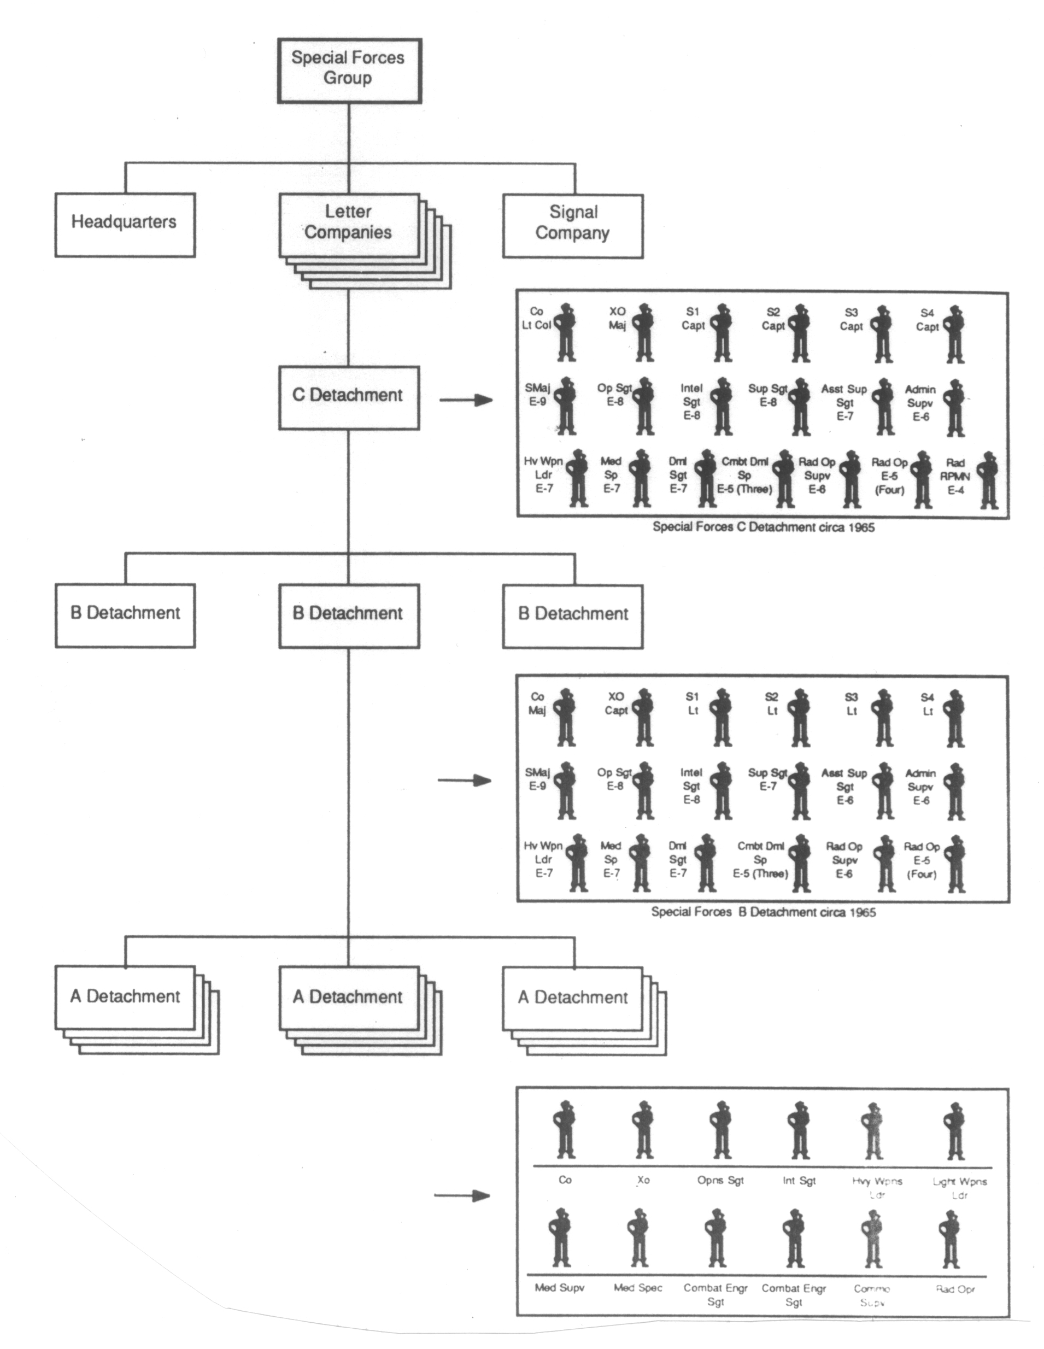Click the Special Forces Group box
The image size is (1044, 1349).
(349, 70)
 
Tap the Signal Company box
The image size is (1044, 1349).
(573, 225)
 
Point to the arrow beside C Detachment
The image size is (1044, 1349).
(466, 400)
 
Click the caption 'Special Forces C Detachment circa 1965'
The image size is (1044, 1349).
(764, 527)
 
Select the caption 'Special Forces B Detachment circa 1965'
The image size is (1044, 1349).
(764, 912)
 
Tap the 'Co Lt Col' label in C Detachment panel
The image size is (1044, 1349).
(536, 319)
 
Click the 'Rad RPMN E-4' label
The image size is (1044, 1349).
(955, 476)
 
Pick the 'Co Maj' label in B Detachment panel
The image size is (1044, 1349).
(537, 703)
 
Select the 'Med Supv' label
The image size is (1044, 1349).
(559, 1288)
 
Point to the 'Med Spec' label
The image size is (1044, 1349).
(638, 1288)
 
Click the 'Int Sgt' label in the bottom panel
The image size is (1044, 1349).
(799, 1181)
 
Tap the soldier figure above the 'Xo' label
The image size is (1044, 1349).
(644, 1130)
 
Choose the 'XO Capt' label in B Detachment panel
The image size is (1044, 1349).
(616, 703)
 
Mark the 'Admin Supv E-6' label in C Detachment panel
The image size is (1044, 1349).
(920, 403)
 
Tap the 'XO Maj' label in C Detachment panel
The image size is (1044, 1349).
(617, 319)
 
